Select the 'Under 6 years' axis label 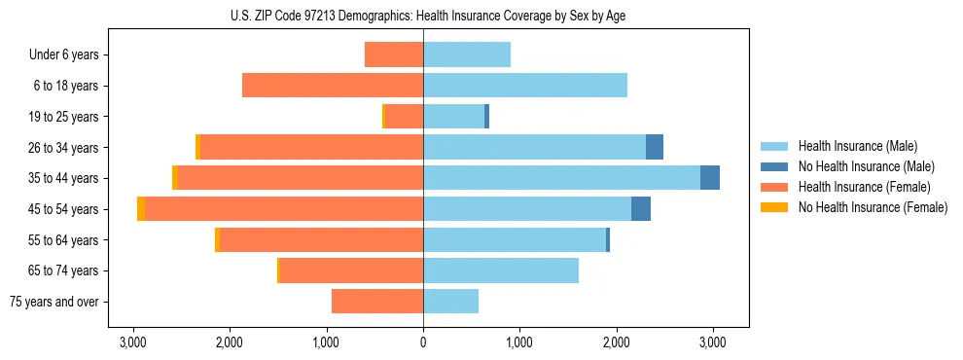point(64,55)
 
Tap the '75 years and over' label point(54,302)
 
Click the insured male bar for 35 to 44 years point(561,178)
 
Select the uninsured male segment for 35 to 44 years point(710,178)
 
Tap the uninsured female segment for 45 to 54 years point(141,209)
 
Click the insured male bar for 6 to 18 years point(525,86)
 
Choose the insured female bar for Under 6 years point(394,55)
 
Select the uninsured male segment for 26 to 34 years point(655,147)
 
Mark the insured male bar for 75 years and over point(450,302)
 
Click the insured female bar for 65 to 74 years point(351,270)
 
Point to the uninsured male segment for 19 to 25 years point(486,117)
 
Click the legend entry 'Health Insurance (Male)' point(856,146)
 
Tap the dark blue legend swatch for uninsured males point(774,166)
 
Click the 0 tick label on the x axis point(423,342)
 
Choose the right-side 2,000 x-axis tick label point(616,342)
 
